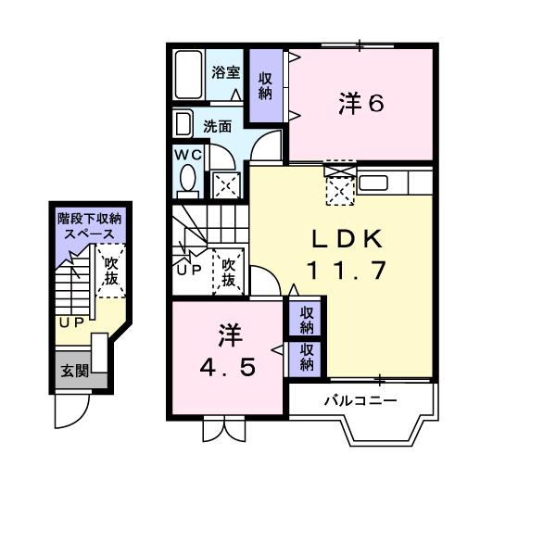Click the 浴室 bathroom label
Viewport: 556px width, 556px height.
225,72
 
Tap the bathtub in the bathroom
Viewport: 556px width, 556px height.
189,77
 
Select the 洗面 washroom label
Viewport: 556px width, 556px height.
218,127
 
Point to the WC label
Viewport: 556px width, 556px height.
186,155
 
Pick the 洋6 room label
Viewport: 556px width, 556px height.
361,104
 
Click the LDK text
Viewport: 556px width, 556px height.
346,239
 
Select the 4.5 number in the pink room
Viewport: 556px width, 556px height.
227,367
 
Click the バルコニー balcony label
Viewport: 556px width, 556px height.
360,401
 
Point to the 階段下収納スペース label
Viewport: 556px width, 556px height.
89,227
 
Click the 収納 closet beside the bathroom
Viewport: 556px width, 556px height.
265,85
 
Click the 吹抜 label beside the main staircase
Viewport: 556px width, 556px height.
228,271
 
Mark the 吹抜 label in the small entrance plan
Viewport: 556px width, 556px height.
110,272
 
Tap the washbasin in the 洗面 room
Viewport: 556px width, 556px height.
183,125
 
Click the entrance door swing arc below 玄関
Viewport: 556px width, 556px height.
71,410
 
